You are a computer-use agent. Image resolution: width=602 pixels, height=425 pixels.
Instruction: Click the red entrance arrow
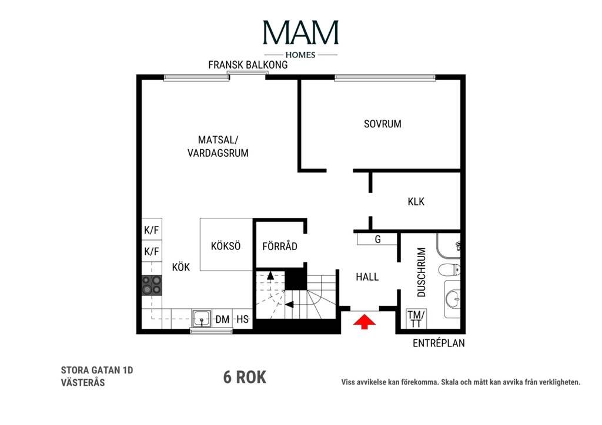coord(364,322)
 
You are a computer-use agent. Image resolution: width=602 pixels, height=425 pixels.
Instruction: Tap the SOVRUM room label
coord(382,124)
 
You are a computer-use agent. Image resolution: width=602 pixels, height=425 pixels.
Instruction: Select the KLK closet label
coord(416,201)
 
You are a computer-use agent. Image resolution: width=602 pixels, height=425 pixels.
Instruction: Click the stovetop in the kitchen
coord(152,285)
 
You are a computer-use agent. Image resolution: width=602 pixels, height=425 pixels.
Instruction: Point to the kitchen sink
coord(202,318)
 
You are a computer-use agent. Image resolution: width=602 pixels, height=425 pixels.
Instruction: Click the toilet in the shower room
coord(449,270)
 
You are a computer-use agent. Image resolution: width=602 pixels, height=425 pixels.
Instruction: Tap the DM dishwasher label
coord(222,319)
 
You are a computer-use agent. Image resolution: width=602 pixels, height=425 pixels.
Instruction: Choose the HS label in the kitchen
coord(242,319)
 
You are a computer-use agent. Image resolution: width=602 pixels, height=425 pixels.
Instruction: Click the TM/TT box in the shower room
coord(416,319)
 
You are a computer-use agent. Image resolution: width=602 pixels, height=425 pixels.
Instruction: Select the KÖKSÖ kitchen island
coord(226,245)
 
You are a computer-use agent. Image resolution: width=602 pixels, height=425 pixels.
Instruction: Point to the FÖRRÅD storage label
coord(280,246)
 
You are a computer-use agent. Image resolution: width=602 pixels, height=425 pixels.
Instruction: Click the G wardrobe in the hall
coord(377,240)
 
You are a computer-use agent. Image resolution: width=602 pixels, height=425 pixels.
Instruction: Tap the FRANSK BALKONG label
coord(248,65)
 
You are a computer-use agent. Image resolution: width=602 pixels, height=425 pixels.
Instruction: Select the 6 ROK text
coord(245,377)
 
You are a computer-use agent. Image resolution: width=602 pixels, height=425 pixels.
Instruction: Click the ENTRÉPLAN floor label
coord(439,343)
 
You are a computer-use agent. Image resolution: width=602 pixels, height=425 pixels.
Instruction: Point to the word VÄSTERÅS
coord(83,382)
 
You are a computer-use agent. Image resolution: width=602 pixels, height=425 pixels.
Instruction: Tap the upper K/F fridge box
coord(152,230)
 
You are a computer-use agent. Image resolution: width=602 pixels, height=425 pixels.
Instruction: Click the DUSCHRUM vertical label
coord(421,272)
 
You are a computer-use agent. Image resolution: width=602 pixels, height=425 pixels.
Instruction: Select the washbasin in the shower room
coord(453,299)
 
